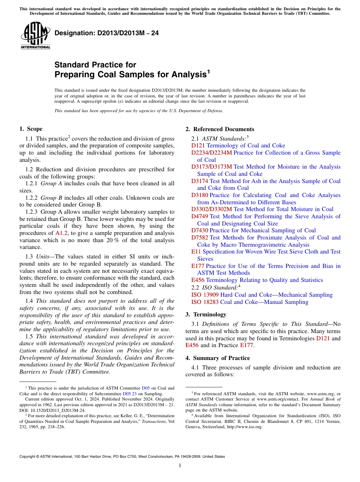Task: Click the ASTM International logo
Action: pos(35,36)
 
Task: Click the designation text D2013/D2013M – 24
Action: pos(106,33)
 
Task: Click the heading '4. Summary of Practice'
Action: pos(218,358)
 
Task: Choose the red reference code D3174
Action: pos(200,181)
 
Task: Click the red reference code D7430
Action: pos(200,230)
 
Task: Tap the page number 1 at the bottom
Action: pos(180,466)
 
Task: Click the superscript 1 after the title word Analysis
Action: pos(208,72)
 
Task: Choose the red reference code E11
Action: pos(196,252)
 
